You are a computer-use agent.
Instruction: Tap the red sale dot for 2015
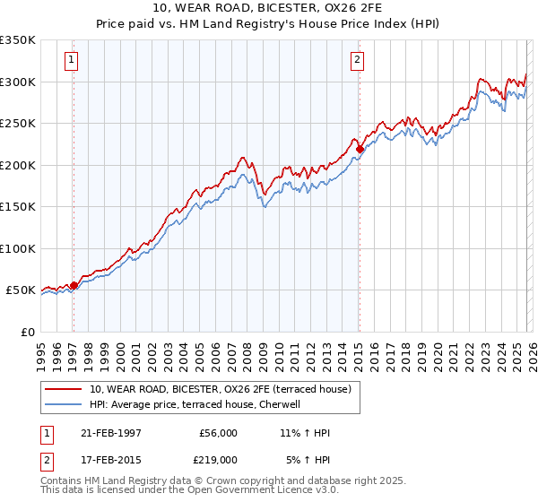pos(359,149)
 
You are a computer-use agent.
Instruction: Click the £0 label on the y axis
pos(28,332)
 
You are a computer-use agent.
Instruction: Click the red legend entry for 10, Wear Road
pos(224,389)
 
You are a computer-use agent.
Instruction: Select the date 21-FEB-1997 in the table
pos(110,433)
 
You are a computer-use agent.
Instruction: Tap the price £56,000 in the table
pos(218,433)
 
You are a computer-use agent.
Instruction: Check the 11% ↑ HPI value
pos(305,433)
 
